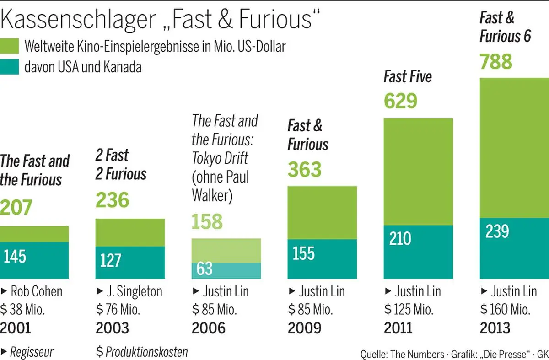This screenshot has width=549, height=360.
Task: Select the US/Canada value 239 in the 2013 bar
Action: (497, 231)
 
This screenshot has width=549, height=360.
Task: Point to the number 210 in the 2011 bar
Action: (400, 238)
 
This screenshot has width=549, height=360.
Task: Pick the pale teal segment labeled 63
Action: (226, 271)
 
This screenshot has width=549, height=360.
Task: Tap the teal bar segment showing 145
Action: (34, 260)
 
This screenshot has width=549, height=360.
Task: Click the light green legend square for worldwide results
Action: (10, 46)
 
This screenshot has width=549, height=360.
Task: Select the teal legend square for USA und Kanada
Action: (10, 67)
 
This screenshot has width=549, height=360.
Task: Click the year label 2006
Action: (209, 328)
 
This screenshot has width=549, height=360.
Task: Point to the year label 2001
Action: (16, 328)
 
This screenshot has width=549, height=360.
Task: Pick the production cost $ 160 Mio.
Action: (505, 310)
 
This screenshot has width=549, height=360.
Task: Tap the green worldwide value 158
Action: (207, 221)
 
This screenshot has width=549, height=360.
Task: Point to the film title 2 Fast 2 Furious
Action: (121, 165)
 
